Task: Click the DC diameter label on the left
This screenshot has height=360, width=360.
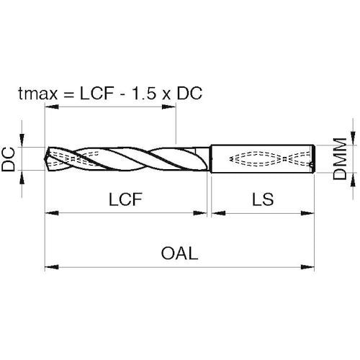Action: tap(8, 159)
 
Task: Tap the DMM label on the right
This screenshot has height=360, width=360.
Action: tap(340, 158)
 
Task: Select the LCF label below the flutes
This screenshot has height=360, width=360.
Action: tap(125, 199)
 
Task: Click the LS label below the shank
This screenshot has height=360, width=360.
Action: tap(263, 199)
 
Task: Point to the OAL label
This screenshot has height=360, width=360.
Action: tap(179, 253)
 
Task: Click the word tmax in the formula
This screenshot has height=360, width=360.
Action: tap(38, 93)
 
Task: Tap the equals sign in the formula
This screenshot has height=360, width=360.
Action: tap(68, 94)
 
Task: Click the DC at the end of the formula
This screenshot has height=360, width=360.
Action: tap(189, 93)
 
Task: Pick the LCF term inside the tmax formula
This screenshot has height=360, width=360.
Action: tap(96, 93)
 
